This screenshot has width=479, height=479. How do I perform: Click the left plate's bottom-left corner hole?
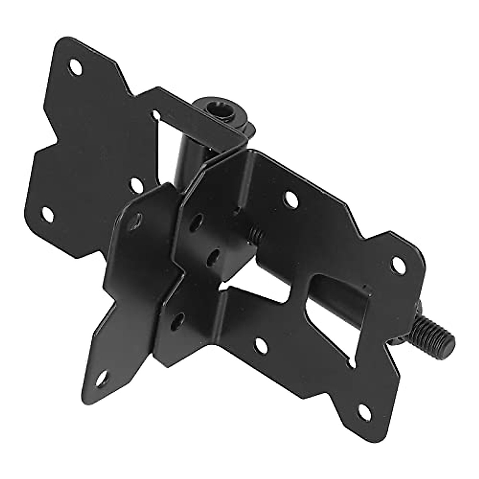(x=48, y=214)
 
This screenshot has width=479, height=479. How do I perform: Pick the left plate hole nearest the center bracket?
(x=137, y=184)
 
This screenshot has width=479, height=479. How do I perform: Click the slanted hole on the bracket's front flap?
(x=137, y=219)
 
